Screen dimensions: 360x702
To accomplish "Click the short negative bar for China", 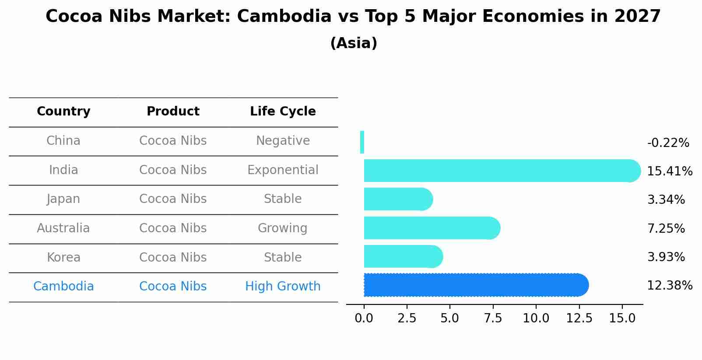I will pos(362,142).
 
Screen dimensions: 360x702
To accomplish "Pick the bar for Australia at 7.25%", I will pos(432,228).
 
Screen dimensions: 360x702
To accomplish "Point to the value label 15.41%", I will pos(669,171).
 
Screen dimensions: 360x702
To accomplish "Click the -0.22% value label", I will pos(668,143).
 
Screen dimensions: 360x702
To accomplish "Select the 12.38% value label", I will pos(669,286).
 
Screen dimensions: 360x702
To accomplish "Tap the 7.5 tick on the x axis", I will pos(493,318).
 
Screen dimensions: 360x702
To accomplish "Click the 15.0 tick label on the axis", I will pos(622,318).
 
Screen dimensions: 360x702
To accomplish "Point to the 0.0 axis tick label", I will pos(364,318).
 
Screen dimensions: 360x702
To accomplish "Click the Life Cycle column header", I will pos(283,112).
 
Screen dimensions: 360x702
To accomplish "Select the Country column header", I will pos(63,112).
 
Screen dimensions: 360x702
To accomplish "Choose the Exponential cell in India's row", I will pos(283,170).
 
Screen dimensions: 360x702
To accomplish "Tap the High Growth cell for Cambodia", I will pos(283,287).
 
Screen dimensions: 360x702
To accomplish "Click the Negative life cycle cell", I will pos(283,141).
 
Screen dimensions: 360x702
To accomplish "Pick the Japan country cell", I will pos(63,199).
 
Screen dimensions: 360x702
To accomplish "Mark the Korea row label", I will pos(63,257).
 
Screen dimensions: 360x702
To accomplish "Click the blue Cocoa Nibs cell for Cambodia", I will pos(173,287).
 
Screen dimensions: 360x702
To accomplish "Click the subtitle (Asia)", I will pos(354,43).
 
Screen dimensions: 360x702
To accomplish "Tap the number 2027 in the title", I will pos(637,17).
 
